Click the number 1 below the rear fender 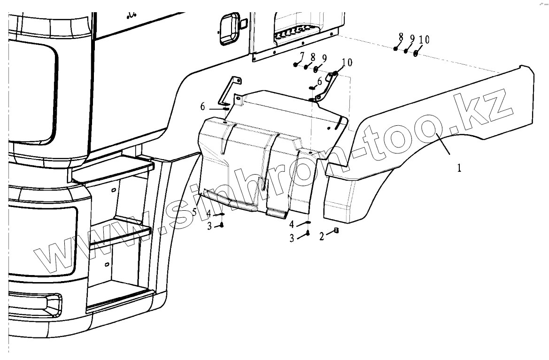459,168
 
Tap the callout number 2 322,237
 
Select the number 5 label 194,212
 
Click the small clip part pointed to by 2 336,230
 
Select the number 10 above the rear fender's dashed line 424,40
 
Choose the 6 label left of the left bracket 203,107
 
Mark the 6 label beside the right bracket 320,81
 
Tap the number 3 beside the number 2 292,238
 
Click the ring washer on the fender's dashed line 416,53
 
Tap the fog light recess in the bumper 33,304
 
